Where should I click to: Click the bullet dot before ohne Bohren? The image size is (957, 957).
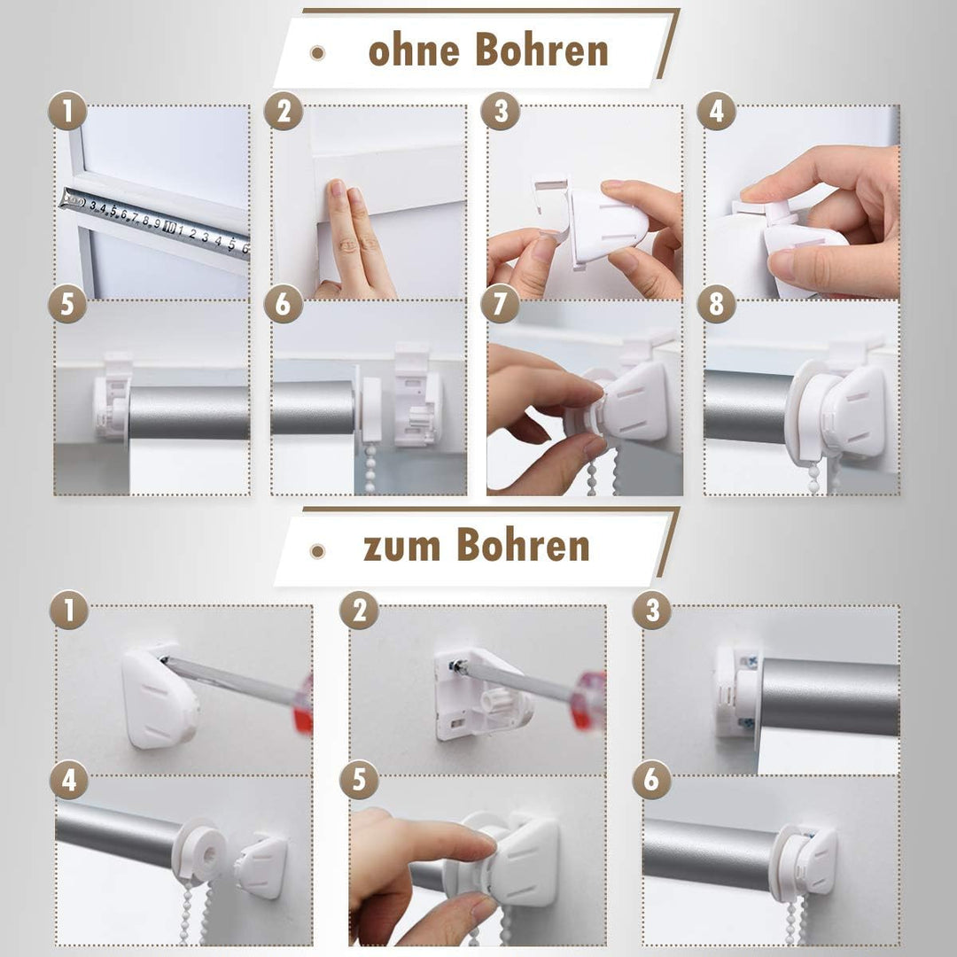coord(317,53)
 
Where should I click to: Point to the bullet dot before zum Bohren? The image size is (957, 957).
coord(317,550)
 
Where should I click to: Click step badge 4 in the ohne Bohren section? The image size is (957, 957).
coord(716,111)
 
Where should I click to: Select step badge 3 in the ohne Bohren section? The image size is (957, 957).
coord(500,111)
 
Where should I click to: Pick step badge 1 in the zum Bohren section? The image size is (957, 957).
coord(68,610)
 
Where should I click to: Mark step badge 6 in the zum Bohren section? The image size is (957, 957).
coord(651,780)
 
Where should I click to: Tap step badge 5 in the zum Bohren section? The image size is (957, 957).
coord(359,780)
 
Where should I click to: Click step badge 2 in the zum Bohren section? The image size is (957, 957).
coord(359,610)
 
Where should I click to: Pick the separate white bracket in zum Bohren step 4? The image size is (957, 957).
coord(261,865)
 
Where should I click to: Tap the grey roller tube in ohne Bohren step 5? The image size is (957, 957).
coord(188,412)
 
